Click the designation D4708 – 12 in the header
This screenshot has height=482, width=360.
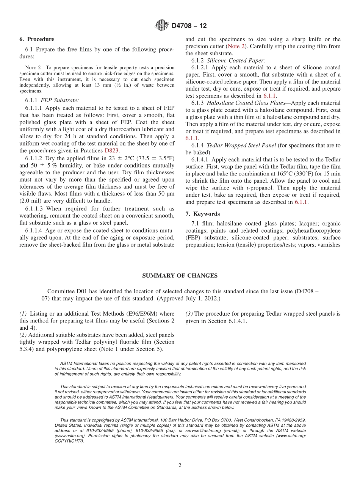tap(189, 26)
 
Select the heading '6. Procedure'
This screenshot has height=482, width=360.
tap(37, 39)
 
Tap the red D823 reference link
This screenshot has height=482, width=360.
tap(112, 150)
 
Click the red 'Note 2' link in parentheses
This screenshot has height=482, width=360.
tap(236, 47)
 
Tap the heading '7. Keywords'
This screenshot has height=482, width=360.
tap(202, 214)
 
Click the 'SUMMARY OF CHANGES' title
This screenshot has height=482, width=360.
tap(180, 276)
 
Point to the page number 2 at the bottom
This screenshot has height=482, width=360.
tap(180, 466)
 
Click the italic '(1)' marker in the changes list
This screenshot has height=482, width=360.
tap(23, 314)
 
